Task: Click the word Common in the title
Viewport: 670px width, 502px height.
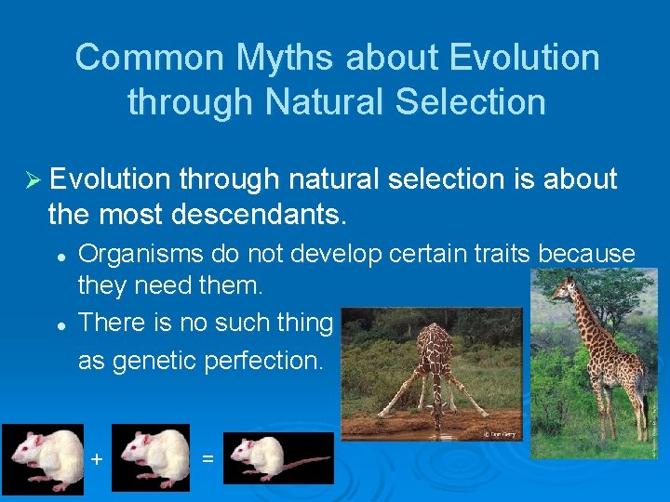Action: click(x=149, y=58)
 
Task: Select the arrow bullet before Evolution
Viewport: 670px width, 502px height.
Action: click(x=34, y=178)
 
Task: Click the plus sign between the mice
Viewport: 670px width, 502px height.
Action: click(x=96, y=458)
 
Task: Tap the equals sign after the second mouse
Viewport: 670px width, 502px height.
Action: click(x=208, y=458)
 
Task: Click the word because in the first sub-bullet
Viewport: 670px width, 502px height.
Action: click(x=590, y=253)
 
